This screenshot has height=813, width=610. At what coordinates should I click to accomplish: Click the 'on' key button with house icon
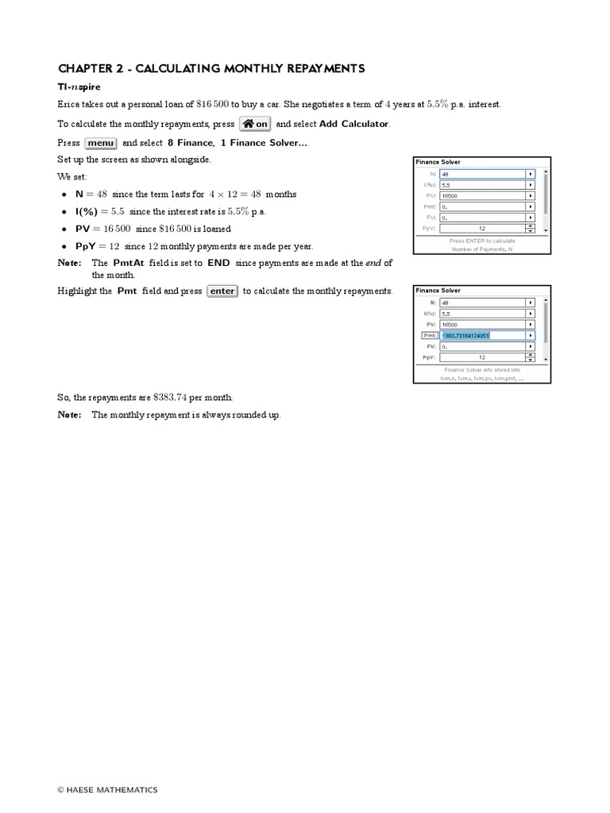point(255,124)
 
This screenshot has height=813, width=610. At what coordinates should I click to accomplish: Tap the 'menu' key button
point(101,143)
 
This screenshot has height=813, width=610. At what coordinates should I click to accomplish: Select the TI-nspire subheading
point(81,87)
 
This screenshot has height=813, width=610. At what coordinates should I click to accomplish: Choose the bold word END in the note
point(218,263)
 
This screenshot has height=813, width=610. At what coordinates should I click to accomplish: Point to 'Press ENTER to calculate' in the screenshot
point(481,240)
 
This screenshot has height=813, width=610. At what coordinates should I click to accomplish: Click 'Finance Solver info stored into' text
point(481,370)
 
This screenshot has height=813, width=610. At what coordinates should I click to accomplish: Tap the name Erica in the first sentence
point(70,105)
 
